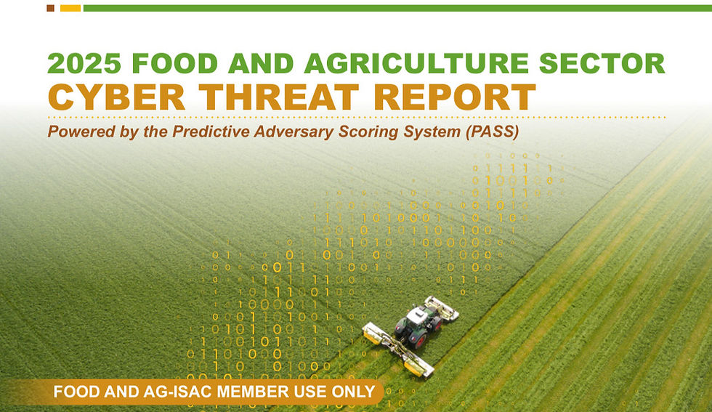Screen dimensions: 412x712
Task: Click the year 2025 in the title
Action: pyautogui.click(x=81, y=63)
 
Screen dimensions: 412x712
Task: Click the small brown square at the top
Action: pyautogui.click(x=50, y=8)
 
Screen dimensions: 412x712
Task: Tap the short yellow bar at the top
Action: pyautogui.click(x=70, y=8)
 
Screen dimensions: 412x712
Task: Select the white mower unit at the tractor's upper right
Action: pyautogui.click(x=442, y=307)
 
